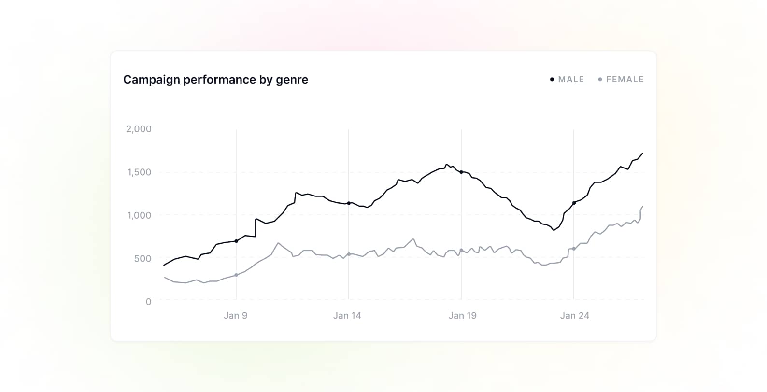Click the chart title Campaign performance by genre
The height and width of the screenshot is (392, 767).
point(215,80)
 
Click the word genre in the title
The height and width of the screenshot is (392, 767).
point(292,81)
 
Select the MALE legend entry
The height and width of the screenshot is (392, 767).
point(570,79)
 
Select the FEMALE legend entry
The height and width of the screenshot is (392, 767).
point(624,79)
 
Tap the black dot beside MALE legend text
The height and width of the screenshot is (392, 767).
point(552,80)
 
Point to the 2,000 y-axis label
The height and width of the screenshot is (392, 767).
point(139,129)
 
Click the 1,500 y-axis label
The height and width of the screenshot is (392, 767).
point(139,172)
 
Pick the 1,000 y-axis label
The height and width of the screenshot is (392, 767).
point(139,215)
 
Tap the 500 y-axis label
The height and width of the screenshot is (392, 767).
point(142,258)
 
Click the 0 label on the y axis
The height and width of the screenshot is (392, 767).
point(148,302)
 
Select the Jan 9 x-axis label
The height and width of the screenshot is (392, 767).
point(235,316)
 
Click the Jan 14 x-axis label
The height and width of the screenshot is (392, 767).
point(347,316)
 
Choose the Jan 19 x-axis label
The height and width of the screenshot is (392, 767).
point(462,316)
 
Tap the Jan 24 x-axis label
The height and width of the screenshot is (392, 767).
point(574,316)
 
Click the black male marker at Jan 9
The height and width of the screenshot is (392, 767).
point(236,241)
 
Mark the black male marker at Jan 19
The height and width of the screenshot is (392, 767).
point(461,172)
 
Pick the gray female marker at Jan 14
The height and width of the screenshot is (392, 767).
point(349,254)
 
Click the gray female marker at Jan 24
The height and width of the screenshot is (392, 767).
point(574,249)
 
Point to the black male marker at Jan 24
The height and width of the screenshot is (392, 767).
point(574,203)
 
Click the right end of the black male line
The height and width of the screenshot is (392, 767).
point(642,154)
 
